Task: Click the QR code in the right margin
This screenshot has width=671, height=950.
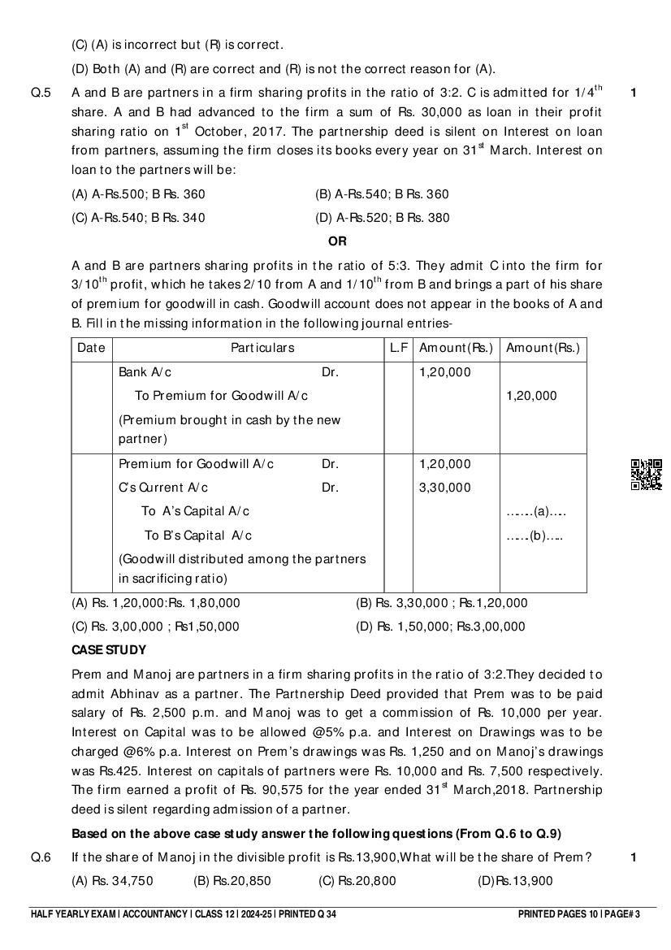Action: (x=646, y=475)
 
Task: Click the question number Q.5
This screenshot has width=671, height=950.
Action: (x=41, y=93)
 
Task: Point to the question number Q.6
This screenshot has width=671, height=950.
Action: (x=41, y=857)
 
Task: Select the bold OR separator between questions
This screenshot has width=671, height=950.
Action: (x=336, y=241)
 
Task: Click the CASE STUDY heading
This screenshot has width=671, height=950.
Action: (x=109, y=650)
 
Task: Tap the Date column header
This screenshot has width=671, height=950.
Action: (x=91, y=348)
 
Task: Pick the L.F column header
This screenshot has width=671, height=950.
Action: (x=398, y=348)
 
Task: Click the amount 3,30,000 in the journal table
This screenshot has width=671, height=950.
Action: (x=444, y=488)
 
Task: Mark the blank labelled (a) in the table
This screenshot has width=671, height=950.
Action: (x=535, y=512)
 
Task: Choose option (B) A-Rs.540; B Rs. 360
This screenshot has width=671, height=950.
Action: (x=382, y=194)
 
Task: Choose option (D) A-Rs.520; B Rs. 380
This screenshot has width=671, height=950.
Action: (x=382, y=218)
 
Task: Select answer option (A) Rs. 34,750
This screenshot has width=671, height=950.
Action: (x=112, y=881)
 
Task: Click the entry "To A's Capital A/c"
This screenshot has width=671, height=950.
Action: (x=195, y=511)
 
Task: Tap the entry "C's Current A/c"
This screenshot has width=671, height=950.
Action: (x=163, y=488)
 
